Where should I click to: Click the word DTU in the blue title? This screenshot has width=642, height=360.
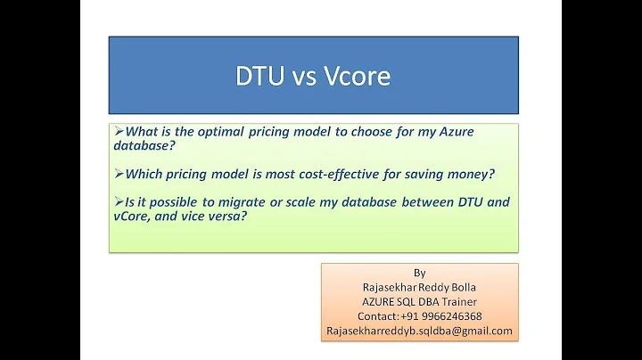click(x=257, y=76)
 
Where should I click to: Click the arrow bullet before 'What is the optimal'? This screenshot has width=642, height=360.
click(x=119, y=131)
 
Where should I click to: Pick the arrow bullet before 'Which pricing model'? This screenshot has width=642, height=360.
click(x=119, y=172)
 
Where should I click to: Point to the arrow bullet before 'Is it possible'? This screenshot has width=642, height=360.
click(x=119, y=202)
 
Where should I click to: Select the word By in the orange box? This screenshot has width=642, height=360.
click(x=420, y=273)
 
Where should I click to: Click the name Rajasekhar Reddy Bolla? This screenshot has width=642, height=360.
click(x=420, y=287)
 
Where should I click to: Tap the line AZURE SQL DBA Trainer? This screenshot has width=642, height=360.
click(x=420, y=301)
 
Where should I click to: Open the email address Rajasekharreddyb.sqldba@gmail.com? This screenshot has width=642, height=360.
click(x=420, y=331)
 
